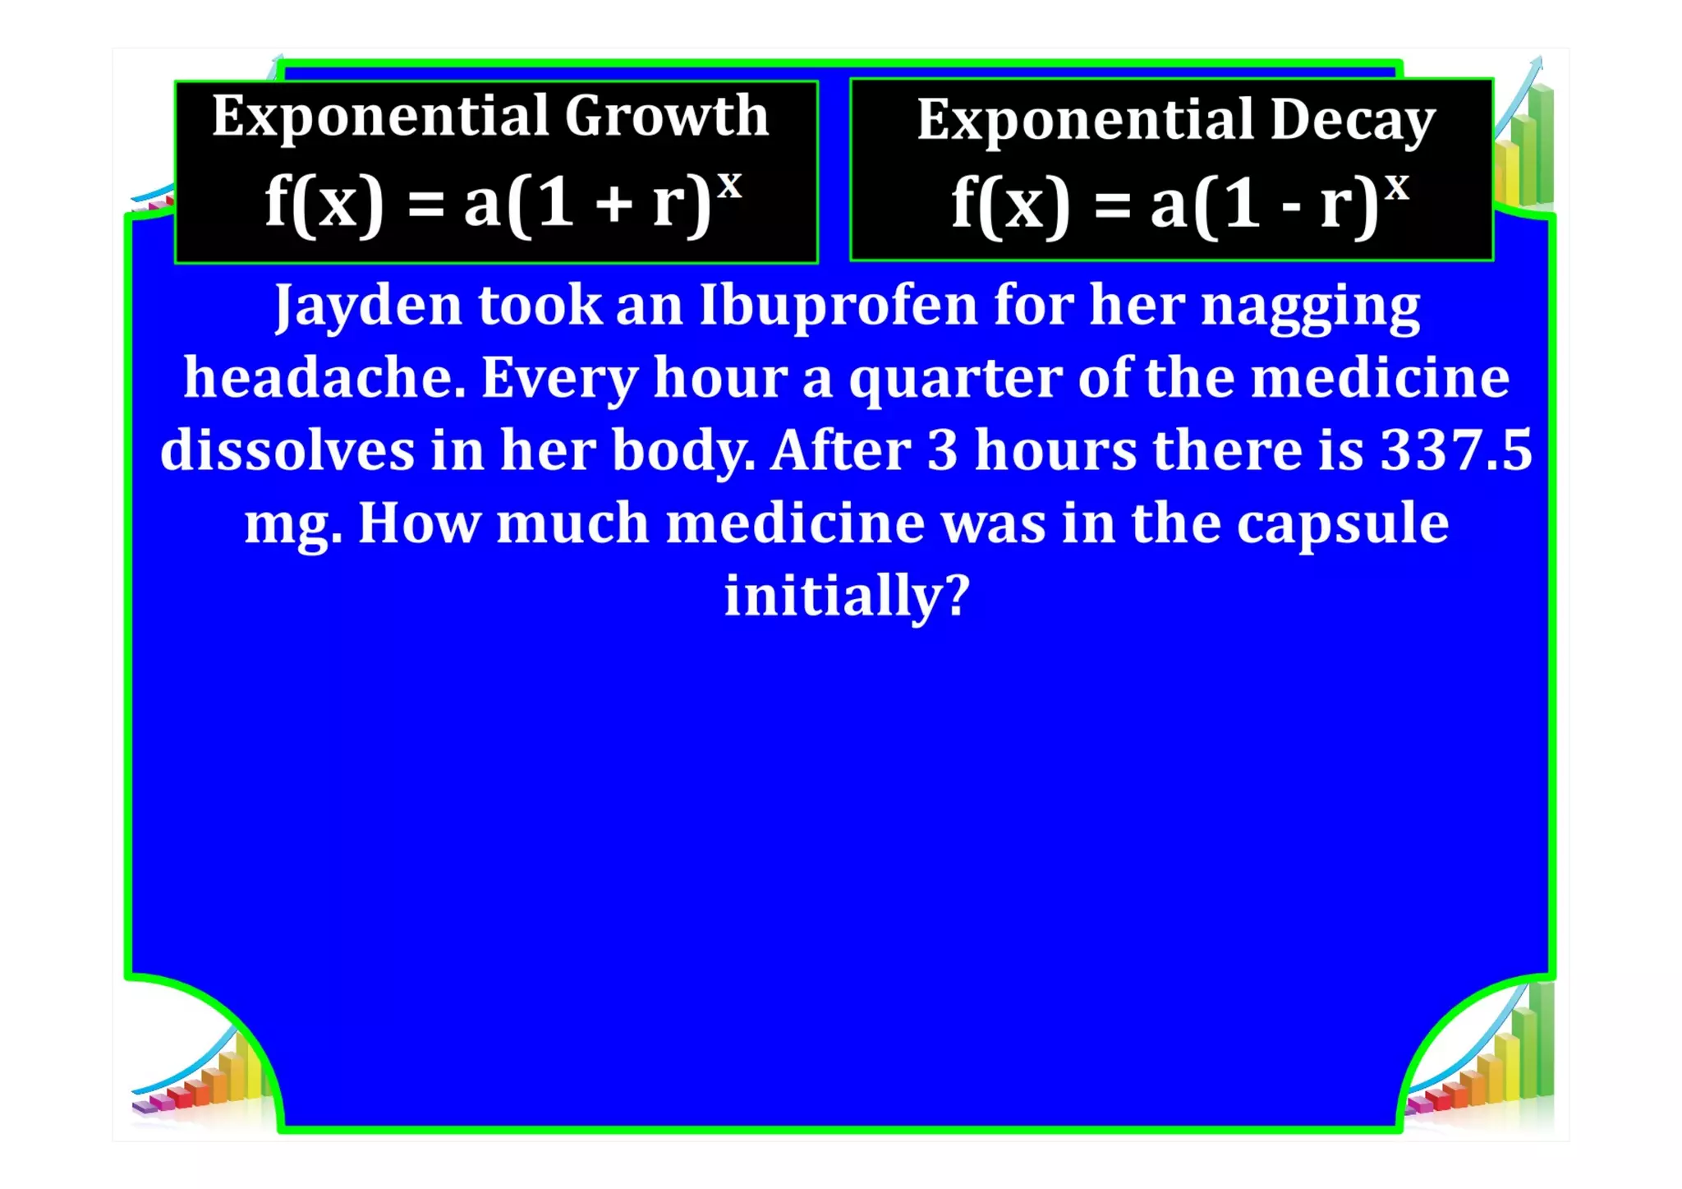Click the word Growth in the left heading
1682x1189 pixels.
666,116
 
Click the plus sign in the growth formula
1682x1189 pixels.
614,205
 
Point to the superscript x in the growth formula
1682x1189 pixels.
729,185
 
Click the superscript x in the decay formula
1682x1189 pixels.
1396,187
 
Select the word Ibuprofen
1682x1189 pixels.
839,306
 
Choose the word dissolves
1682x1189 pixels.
287,450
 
